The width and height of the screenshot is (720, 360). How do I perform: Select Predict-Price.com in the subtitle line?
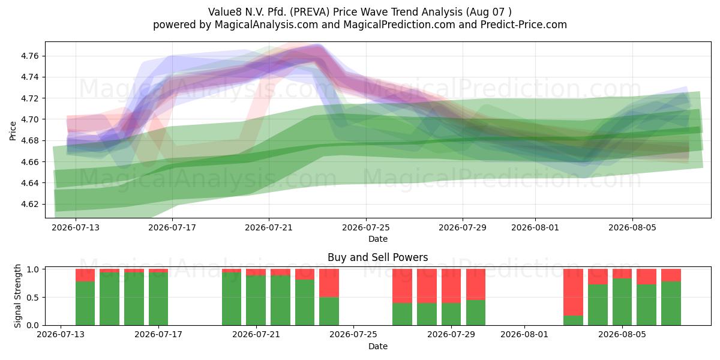(x=524, y=25)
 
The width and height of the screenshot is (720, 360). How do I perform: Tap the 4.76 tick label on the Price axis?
(x=29, y=56)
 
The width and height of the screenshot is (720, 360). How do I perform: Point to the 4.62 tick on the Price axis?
(x=29, y=205)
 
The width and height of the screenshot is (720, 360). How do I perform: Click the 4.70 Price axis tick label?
(x=29, y=119)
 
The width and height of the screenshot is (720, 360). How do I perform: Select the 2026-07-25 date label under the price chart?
(x=366, y=227)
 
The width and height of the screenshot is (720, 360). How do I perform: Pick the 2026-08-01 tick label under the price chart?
(x=535, y=227)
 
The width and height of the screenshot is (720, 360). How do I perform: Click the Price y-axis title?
(x=13, y=131)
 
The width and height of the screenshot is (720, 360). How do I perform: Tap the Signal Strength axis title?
(x=17, y=296)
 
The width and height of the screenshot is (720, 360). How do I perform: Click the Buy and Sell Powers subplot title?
(x=377, y=257)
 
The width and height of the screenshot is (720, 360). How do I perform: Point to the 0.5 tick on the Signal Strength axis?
(x=33, y=298)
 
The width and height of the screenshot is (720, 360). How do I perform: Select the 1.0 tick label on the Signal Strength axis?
(x=33, y=269)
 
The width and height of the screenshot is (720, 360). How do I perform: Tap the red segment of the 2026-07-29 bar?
(x=451, y=286)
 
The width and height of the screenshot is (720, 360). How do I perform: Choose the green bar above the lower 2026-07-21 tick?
(x=256, y=300)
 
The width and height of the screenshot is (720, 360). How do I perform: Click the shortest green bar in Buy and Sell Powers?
(x=573, y=320)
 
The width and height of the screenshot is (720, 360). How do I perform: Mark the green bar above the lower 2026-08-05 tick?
(x=622, y=302)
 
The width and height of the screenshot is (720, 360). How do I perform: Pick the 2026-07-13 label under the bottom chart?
(x=61, y=335)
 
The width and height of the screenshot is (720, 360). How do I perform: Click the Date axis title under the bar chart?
(x=377, y=346)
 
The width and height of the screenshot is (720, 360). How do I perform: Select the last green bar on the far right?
(x=671, y=304)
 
